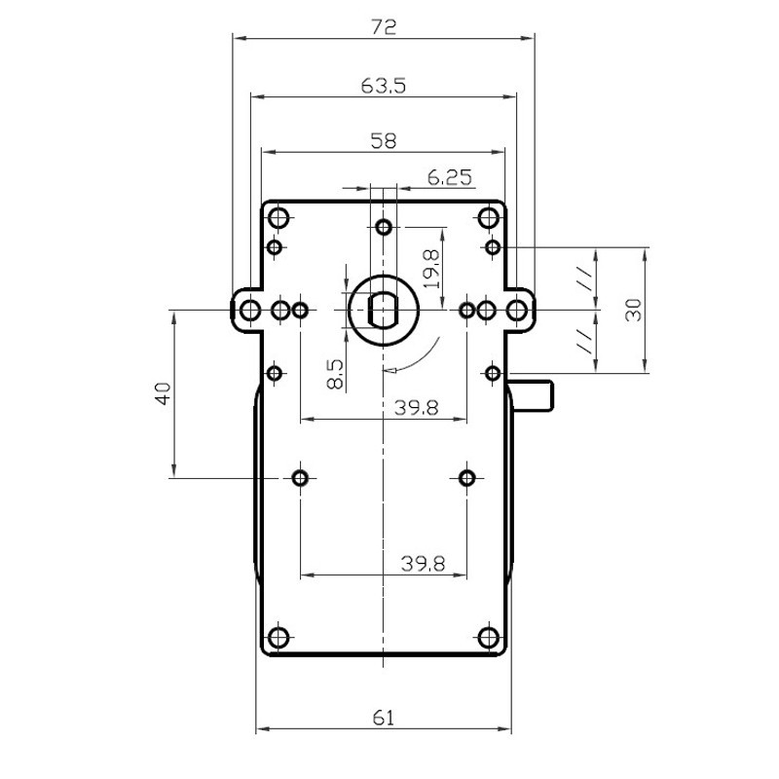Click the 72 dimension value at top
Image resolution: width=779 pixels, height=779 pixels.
[384, 26]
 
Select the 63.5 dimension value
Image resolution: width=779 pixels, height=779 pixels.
[384, 86]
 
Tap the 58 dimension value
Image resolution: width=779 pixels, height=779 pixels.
[384, 141]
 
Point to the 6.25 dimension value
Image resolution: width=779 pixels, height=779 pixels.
[450, 177]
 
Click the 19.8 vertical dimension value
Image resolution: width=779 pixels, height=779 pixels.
[431, 269]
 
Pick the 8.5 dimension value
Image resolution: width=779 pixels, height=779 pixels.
[335, 374]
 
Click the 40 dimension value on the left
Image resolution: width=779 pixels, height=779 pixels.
[164, 393]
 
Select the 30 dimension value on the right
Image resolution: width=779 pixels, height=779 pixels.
[634, 310]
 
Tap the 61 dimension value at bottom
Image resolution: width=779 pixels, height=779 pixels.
[384, 718]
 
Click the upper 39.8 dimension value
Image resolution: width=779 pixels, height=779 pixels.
[417, 408]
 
